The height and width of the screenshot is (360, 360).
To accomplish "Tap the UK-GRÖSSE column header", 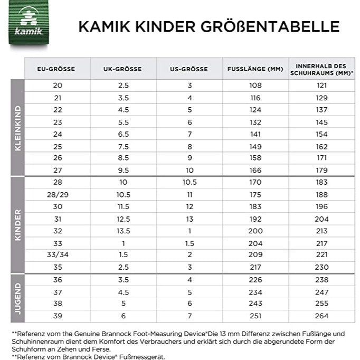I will (x=123, y=69).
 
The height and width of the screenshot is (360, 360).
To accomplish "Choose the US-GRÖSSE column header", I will (x=189, y=69).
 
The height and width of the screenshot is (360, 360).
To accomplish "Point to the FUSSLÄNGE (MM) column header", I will (x=255, y=69).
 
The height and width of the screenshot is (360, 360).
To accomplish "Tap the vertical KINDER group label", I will (x=18, y=225).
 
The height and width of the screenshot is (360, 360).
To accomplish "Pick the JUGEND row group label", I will (x=18, y=299).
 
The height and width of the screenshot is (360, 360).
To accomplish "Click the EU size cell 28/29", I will (x=58, y=194).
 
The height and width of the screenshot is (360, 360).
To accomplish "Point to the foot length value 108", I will (x=255, y=85).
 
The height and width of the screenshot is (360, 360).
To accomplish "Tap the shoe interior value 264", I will (x=321, y=316).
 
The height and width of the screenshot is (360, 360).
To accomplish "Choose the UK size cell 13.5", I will (x=124, y=231).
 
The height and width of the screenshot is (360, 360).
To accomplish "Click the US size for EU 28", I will (x=190, y=182).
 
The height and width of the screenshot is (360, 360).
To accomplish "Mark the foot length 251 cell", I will (x=255, y=316).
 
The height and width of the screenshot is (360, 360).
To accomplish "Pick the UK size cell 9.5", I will (x=124, y=170).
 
